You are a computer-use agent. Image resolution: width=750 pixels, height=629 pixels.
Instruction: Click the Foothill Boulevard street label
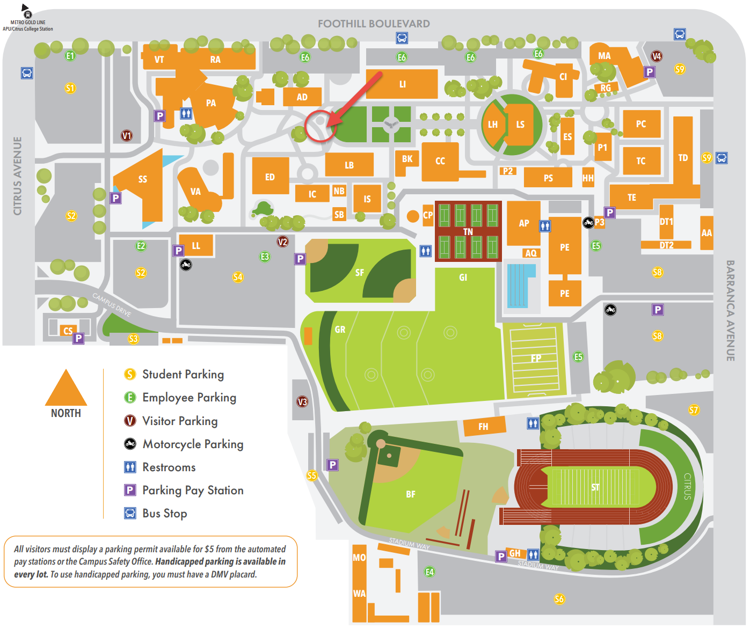(x=374, y=24)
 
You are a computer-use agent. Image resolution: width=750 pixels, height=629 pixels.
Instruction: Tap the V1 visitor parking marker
(x=126, y=136)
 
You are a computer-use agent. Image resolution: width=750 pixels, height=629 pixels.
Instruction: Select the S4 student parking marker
(x=238, y=277)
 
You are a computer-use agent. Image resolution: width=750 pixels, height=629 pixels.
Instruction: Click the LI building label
(x=402, y=84)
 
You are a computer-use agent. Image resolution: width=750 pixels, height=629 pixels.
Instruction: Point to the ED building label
(x=270, y=177)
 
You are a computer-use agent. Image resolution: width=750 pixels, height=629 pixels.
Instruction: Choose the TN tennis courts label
(x=468, y=232)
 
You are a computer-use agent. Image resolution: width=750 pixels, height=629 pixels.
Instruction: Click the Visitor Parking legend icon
(x=130, y=420)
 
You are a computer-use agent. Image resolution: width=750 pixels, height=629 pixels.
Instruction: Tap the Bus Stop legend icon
(x=130, y=513)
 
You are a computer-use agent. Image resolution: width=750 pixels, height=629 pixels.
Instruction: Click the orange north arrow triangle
(x=65, y=387)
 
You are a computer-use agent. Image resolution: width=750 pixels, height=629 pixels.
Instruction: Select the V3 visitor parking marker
(x=302, y=401)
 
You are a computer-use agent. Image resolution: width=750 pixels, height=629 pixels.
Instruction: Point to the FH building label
(x=483, y=427)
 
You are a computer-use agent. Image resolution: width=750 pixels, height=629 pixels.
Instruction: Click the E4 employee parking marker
(x=429, y=572)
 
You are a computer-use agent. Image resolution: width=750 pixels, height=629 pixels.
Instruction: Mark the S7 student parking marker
(x=694, y=409)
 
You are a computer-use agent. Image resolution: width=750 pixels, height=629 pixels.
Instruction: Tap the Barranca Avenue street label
(x=730, y=311)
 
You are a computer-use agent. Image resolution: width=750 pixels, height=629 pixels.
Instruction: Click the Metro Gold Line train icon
(x=28, y=14)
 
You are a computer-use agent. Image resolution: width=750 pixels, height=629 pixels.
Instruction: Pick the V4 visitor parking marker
(x=657, y=56)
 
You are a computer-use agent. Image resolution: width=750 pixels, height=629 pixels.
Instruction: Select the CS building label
(x=68, y=331)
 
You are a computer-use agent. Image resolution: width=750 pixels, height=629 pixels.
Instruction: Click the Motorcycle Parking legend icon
(x=130, y=444)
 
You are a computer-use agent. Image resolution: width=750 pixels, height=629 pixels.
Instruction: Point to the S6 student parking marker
(x=559, y=599)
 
